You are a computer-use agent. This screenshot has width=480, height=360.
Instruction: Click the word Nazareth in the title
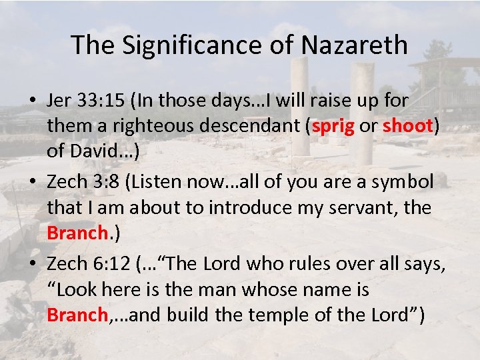pos(355,45)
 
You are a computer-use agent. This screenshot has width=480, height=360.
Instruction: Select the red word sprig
pos(332,127)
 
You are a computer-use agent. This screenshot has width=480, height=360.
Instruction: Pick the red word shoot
pos(408,127)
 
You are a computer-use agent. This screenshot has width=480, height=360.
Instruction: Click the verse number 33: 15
pos(103,101)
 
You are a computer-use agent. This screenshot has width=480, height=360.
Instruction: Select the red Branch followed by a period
pos(77,233)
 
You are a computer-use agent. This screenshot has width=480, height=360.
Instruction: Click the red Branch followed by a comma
pos(77,315)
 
